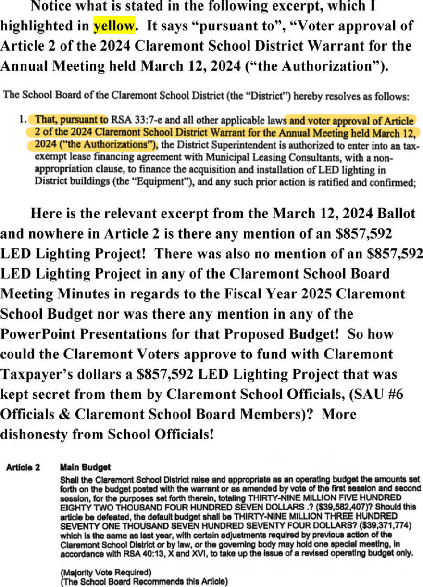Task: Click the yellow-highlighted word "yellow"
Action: [x=113, y=26]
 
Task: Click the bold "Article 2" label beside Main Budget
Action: [x=23, y=467]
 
